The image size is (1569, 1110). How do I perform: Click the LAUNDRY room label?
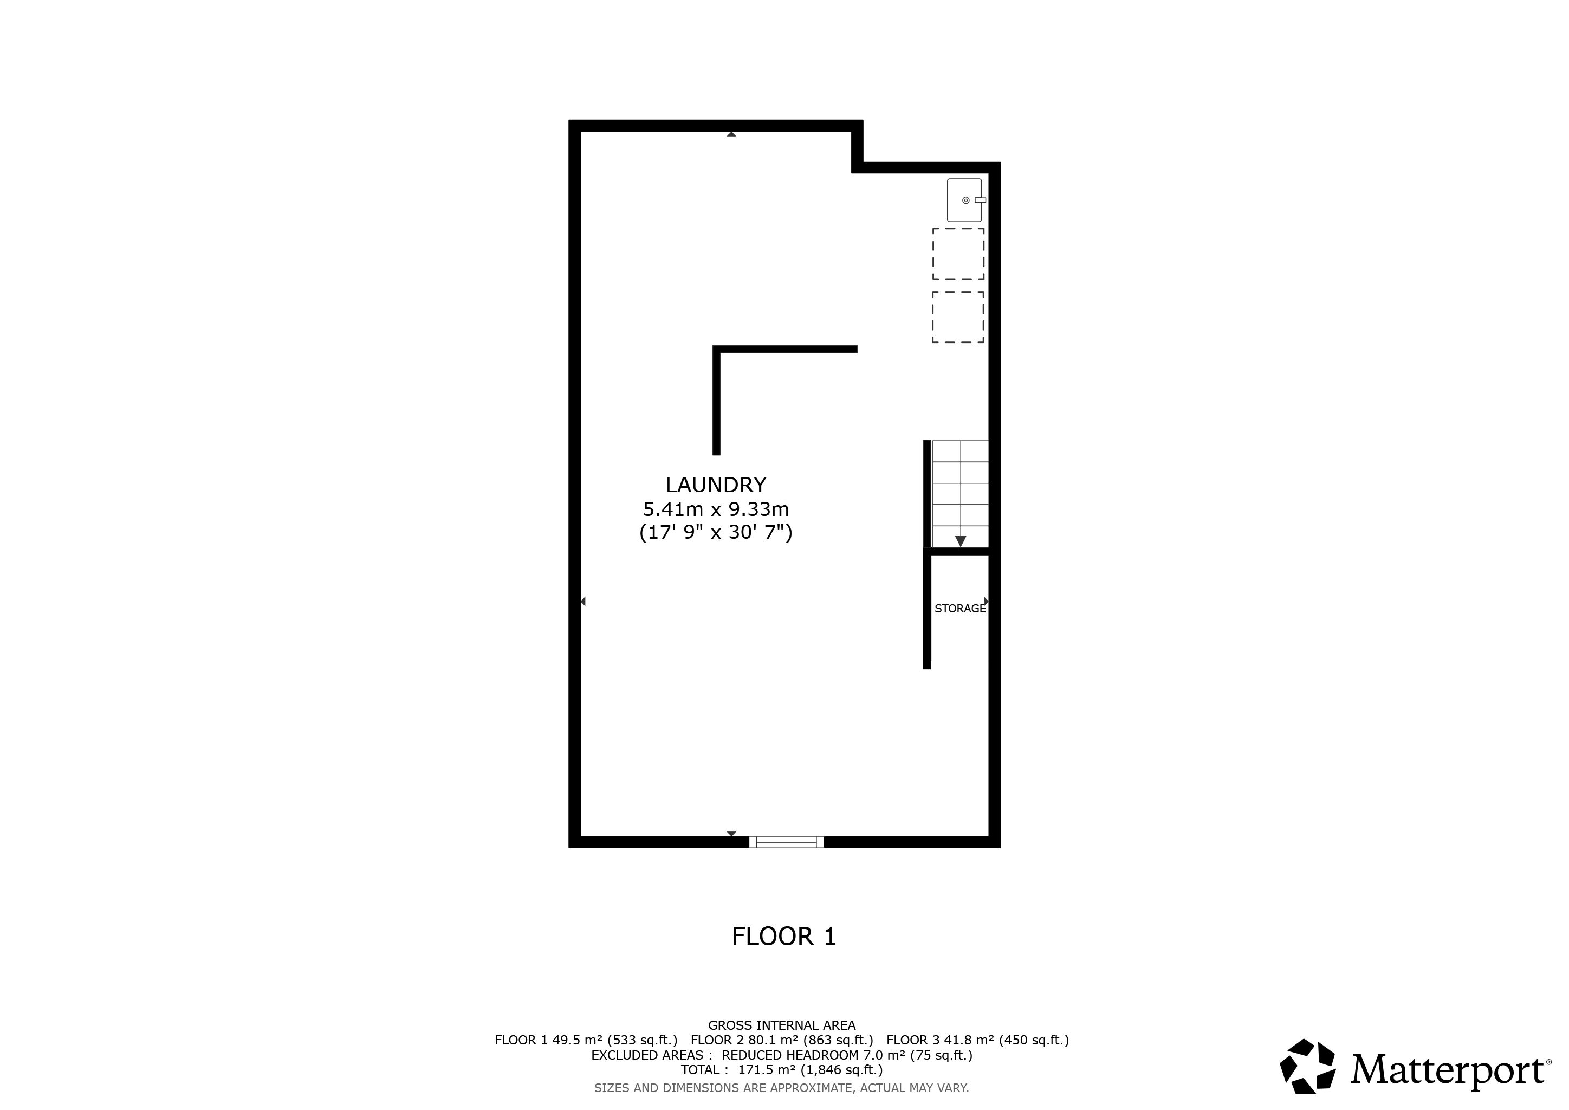coord(716,485)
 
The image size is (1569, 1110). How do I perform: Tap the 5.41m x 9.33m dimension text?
coord(716,509)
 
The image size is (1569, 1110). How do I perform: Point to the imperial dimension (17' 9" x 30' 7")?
coord(716,532)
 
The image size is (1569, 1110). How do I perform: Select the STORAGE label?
coord(960,608)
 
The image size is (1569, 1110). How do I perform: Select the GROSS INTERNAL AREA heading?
coord(782,1025)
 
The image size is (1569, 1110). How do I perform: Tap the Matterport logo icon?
coord(1307,1066)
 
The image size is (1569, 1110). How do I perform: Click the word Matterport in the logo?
coord(1447,1070)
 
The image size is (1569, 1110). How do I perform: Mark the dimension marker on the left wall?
coord(583,602)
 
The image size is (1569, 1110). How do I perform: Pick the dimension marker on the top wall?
coord(731,134)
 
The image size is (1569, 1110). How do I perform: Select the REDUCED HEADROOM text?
coord(790,1055)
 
